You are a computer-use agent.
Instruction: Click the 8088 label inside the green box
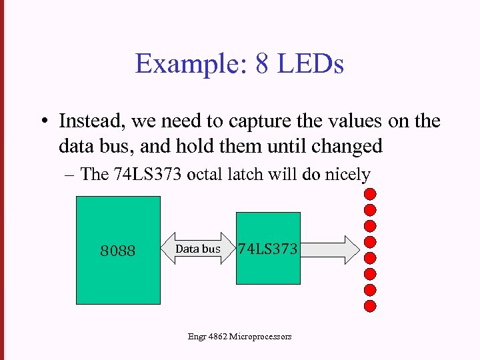click(x=118, y=251)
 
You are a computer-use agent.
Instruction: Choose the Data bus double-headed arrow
click(x=197, y=249)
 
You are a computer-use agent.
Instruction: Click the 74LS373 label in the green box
click(x=269, y=249)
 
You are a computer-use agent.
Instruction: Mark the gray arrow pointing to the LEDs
click(x=330, y=249)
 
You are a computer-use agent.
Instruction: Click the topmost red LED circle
click(x=370, y=194)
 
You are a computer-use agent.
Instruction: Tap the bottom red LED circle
click(x=370, y=306)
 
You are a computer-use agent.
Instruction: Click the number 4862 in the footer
click(x=217, y=337)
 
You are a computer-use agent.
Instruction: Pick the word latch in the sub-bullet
click(x=245, y=175)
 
